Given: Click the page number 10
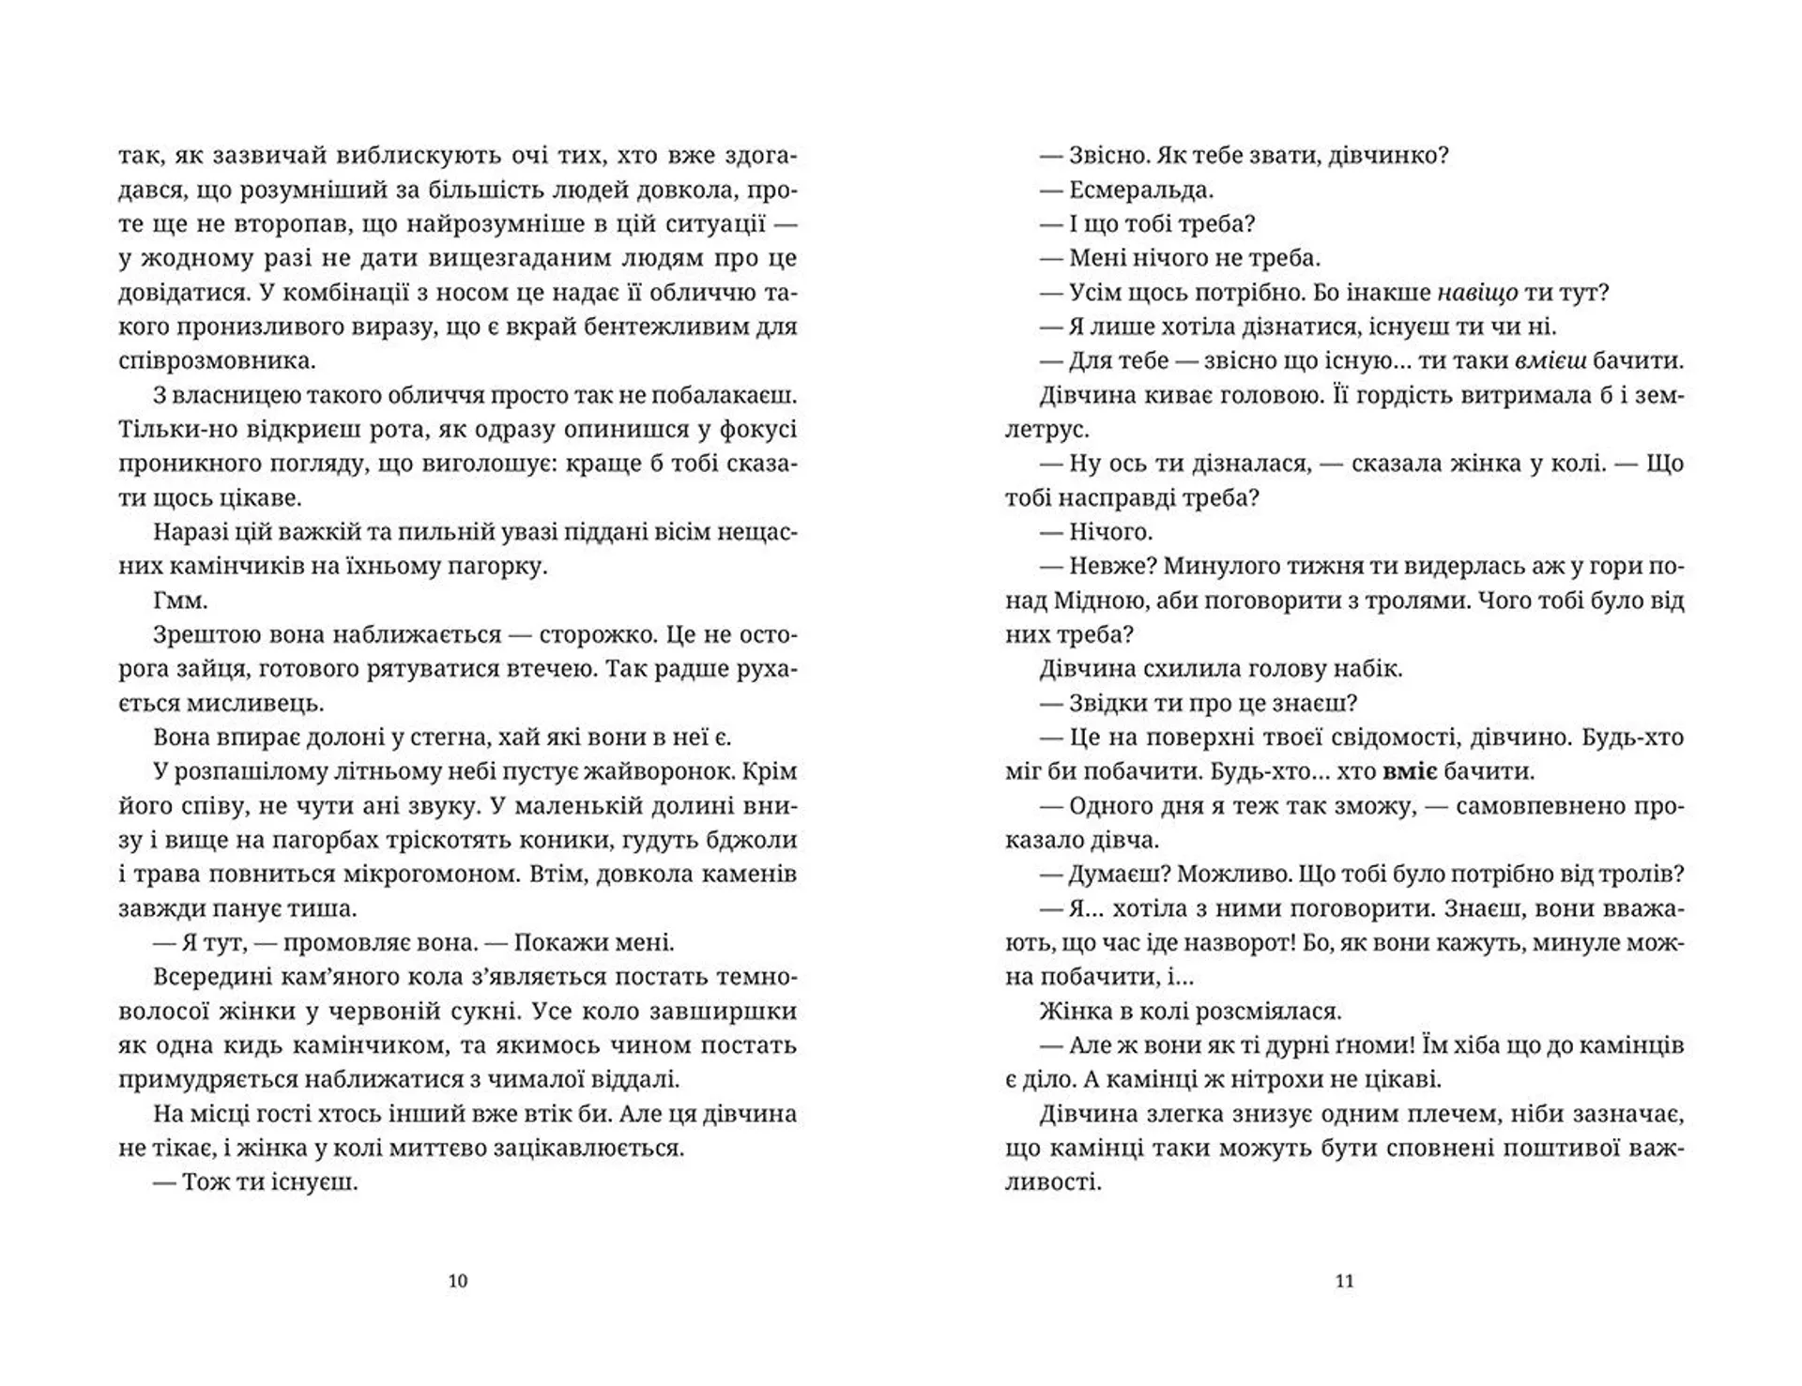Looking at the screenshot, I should click(x=458, y=1281).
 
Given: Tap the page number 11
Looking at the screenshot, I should click(x=1344, y=1281).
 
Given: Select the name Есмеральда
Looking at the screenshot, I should click(x=1140, y=190).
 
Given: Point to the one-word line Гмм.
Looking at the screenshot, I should click(x=178, y=601).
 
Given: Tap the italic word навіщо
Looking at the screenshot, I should click(x=1476, y=292).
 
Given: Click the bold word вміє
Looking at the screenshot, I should click(x=1411, y=771).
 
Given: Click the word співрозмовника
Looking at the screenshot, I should click(x=218, y=360).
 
